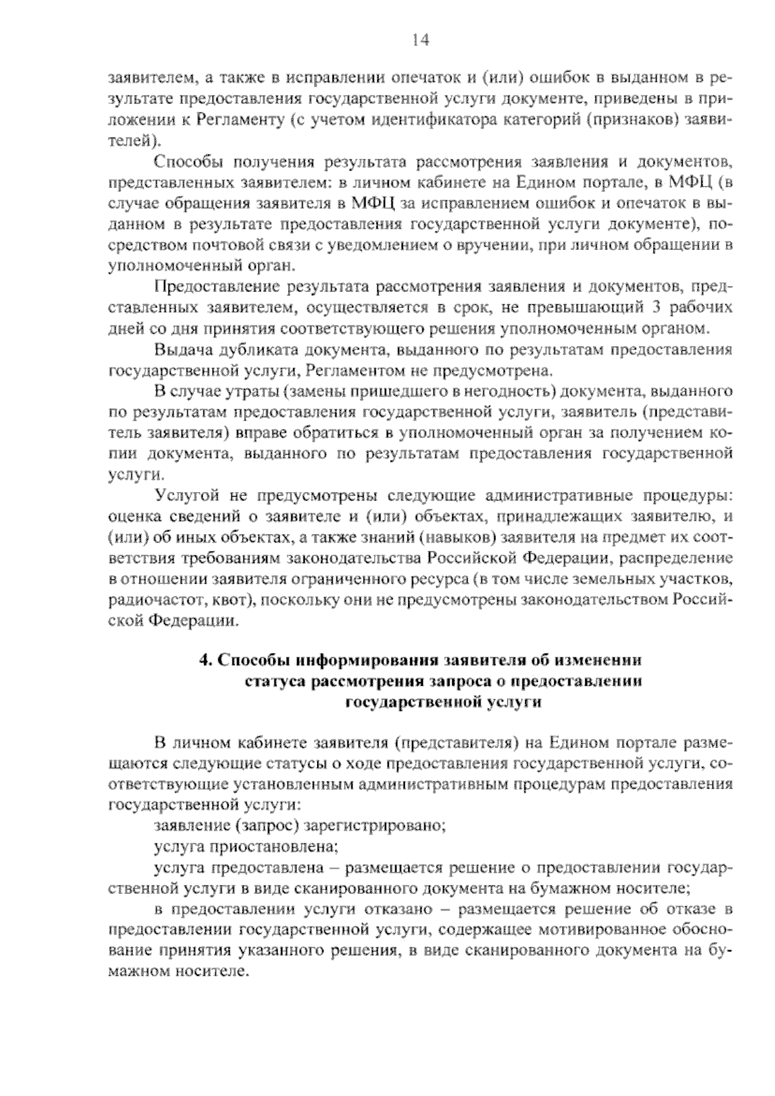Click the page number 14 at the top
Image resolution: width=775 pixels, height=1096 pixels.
[x=419, y=40]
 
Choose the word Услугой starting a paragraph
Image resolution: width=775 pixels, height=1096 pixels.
[x=186, y=496]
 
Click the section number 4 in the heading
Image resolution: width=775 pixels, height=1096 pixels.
[x=203, y=661]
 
